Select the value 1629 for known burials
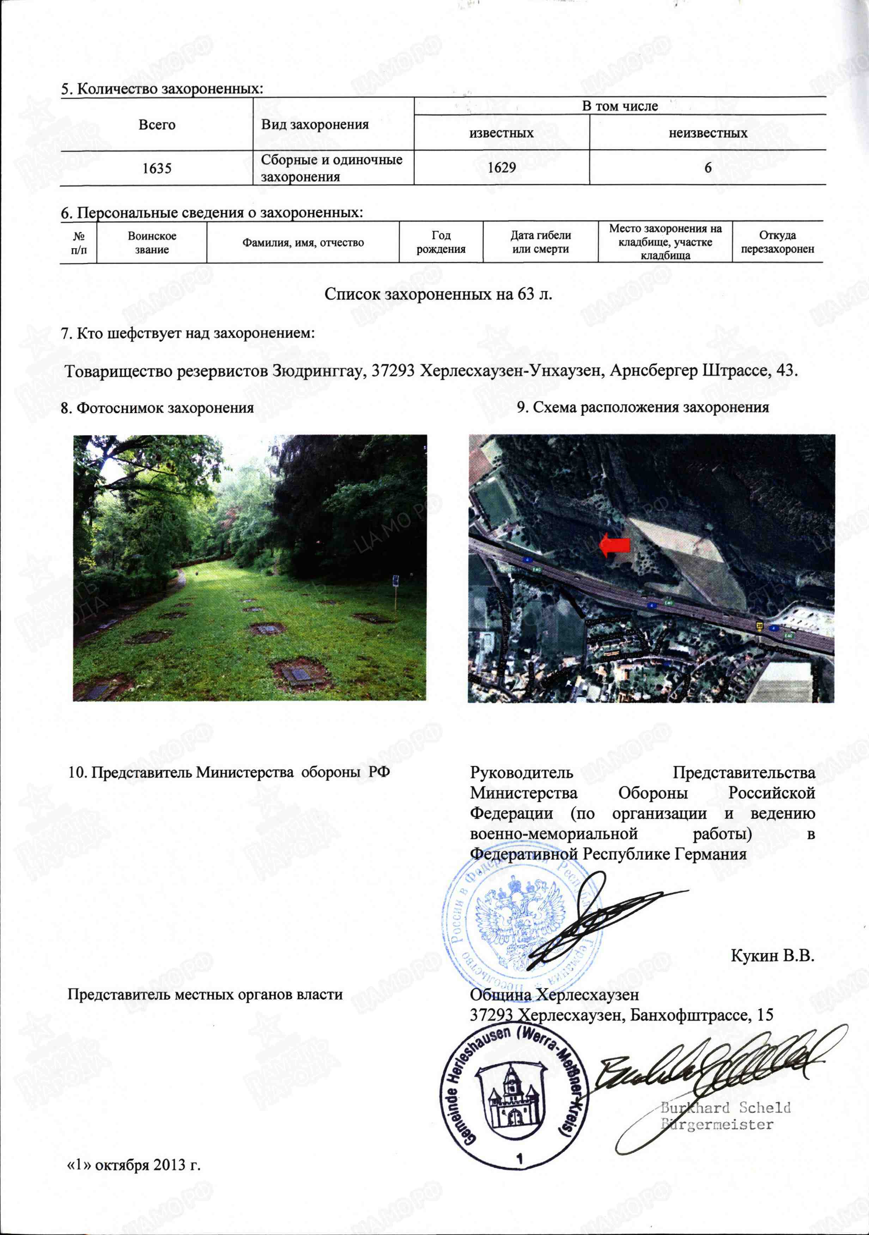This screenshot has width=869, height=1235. click(502, 168)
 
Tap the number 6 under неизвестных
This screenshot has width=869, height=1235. click(707, 168)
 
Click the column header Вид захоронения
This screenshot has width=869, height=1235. click(315, 125)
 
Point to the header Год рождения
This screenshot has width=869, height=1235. click(441, 242)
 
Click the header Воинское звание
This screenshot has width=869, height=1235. click(152, 242)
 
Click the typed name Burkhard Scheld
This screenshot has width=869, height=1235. click(725, 1107)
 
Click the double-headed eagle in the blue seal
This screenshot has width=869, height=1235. click(519, 921)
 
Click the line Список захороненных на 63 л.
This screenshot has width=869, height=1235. click(438, 294)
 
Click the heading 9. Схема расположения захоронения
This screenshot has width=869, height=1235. click(643, 407)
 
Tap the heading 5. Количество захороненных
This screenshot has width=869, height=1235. click(162, 89)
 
